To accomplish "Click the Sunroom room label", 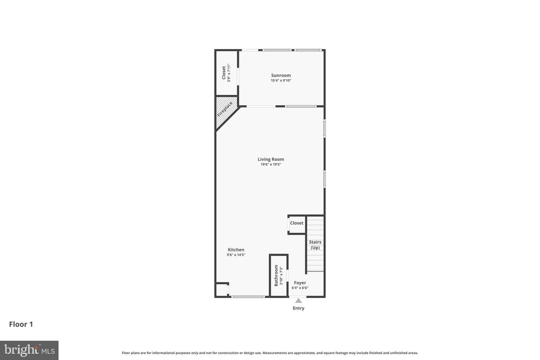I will [x=281, y=75].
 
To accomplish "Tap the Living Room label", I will [x=271, y=159].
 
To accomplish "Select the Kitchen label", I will [x=236, y=250].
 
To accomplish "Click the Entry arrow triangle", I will [x=298, y=300].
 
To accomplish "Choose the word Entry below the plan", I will [x=298, y=308].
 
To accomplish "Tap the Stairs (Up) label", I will [x=315, y=245].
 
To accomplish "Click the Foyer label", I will [x=300, y=283].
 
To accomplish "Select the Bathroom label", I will [x=276, y=276].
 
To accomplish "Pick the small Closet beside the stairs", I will [x=297, y=223].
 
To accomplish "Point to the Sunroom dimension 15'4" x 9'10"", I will [x=281, y=81].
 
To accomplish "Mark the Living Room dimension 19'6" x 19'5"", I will [x=271, y=165].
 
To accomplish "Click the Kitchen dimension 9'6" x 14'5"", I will [x=236, y=255].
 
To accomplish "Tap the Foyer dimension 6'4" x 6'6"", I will [x=300, y=288].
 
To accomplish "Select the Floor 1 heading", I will [x=21, y=324].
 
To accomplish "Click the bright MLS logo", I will [x=29, y=350].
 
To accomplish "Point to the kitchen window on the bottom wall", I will [x=247, y=297].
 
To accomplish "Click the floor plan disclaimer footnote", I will [x=270, y=353].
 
